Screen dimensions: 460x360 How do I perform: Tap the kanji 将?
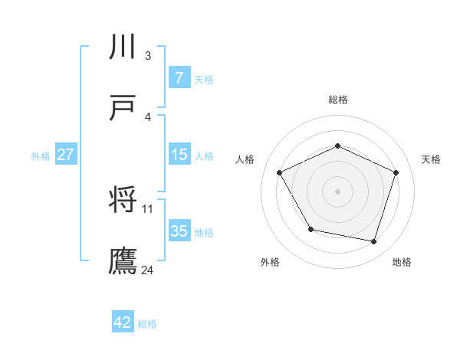123,201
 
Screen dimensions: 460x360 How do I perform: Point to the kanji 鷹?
123,260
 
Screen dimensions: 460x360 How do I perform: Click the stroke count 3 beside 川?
147,55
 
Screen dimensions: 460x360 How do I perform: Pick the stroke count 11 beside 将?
148,208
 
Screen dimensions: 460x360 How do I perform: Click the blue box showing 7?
179,78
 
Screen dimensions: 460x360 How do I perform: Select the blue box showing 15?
179,155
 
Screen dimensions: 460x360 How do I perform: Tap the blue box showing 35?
179,231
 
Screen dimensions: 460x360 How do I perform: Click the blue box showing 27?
65,155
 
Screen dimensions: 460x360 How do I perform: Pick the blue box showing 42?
123,322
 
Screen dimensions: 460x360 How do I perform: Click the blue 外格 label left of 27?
41,156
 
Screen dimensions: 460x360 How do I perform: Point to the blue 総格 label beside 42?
147,324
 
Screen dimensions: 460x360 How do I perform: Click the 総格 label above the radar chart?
338,100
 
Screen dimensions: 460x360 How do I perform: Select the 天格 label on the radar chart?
431,159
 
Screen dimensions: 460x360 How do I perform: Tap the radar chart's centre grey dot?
337,191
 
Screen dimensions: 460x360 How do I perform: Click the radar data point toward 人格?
280,172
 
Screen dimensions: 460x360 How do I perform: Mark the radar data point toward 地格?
373,241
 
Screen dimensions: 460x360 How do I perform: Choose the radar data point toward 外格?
310,229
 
